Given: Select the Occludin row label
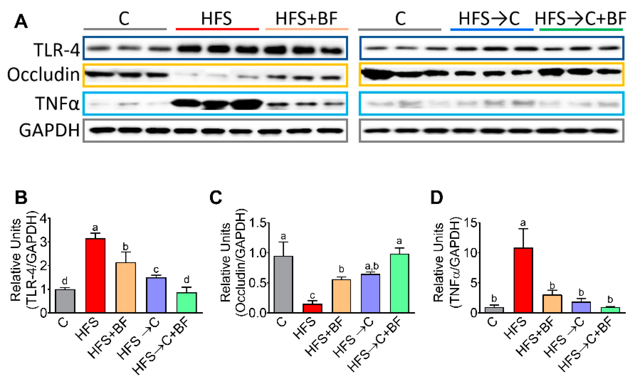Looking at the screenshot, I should click(43, 75).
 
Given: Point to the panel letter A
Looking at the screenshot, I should click(21, 22).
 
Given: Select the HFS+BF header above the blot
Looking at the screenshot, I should click(306, 19).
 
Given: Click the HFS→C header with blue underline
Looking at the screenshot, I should click(489, 19).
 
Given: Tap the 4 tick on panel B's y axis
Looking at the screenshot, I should click(44, 219).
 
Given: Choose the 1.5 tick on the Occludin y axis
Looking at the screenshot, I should click(258, 223).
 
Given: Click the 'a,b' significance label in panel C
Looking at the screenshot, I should click(372, 266).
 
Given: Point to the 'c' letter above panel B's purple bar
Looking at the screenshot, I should click(156, 270).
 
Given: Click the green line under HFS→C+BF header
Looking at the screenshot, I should click(581, 30).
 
